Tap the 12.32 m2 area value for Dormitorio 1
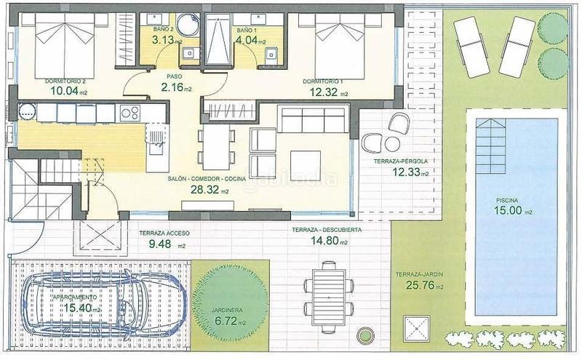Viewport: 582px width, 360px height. (x=324, y=92)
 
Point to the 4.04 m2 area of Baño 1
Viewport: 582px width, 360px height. (x=250, y=41)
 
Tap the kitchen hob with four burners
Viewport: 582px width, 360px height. (x=130, y=113)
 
